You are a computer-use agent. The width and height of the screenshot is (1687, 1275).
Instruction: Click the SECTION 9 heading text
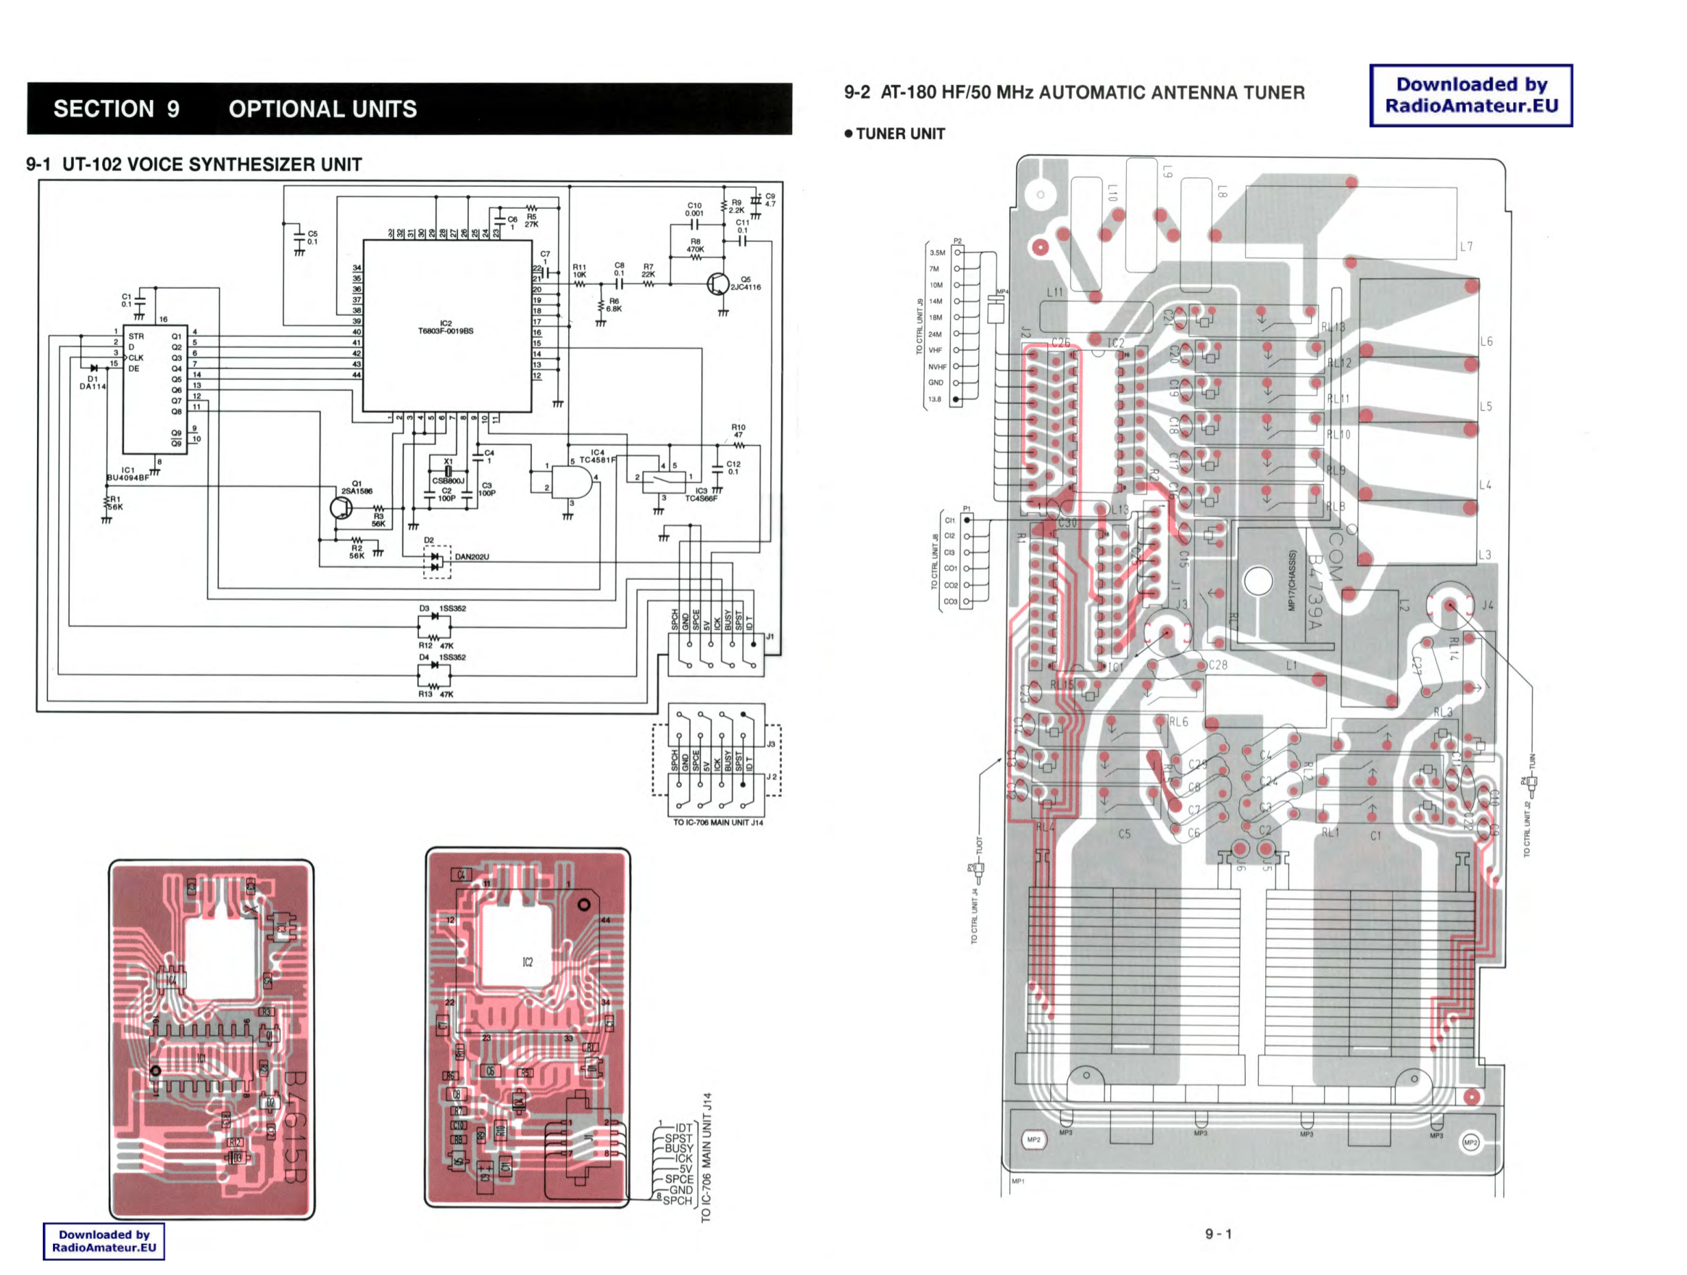pos(117,109)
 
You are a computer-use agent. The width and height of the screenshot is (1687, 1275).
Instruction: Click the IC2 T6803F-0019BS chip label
pos(446,328)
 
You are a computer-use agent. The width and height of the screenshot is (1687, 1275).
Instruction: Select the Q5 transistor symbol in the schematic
pos(717,285)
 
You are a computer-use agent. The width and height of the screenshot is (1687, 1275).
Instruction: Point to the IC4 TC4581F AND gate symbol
pos(571,482)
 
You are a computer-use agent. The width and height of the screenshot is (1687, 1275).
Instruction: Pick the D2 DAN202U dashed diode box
pos(437,562)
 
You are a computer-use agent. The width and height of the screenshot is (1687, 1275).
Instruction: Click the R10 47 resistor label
pos(738,431)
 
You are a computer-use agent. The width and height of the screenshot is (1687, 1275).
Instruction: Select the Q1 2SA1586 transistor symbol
pos(341,507)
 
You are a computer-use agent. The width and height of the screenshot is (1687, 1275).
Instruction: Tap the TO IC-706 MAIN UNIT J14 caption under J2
pos(717,823)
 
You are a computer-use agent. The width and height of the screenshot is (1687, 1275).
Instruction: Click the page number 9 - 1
pos(1218,1234)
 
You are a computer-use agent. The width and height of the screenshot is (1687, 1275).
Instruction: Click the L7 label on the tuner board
pos(1466,246)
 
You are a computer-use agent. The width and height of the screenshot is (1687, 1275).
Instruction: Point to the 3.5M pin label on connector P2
pos(936,252)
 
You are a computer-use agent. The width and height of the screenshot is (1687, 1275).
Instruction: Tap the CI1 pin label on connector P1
pos(949,520)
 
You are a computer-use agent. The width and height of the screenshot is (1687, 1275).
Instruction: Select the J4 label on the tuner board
pos(1487,605)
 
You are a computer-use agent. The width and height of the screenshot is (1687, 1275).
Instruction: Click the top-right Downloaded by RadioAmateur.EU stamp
pos(1470,96)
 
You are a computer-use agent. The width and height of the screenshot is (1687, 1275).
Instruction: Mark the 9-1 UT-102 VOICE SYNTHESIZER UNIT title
pos(193,165)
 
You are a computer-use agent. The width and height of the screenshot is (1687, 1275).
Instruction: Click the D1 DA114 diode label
pos(93,382)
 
